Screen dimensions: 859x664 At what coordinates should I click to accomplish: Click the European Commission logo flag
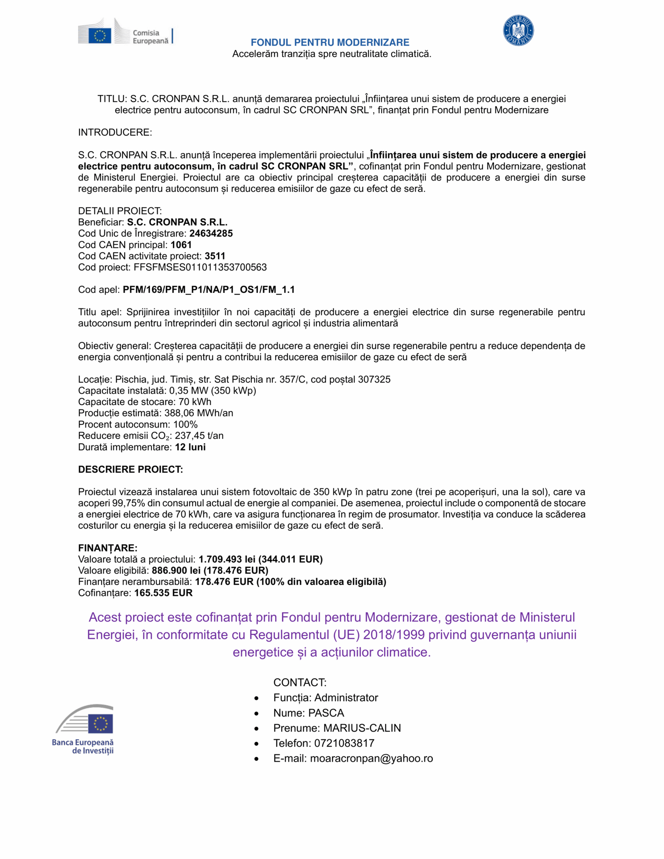click(100, 35)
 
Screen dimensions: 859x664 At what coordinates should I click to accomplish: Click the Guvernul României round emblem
click(518, 30)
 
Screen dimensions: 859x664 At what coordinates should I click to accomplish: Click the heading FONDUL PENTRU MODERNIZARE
click(330, 43)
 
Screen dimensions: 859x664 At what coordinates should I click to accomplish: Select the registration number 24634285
click(211, 234)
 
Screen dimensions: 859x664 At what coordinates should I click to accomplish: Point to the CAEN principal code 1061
click(181, 245)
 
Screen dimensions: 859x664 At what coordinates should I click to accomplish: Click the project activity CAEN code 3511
click(215, 256)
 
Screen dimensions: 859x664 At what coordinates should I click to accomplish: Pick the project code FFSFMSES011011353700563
click(200, 267)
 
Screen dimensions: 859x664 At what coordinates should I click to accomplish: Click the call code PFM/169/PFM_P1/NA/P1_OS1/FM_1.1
click(208, 290)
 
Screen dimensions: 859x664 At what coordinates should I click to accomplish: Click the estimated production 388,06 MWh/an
click(199, 413)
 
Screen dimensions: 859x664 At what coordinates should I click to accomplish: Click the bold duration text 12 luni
click(190, 447)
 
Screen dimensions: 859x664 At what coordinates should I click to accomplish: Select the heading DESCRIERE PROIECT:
click(130, 469)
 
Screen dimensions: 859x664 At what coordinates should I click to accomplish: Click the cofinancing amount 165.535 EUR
click(163, 593)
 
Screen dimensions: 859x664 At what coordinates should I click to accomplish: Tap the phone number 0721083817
click(344, 743)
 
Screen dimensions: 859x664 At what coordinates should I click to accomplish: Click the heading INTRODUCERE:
click(115, 132)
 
